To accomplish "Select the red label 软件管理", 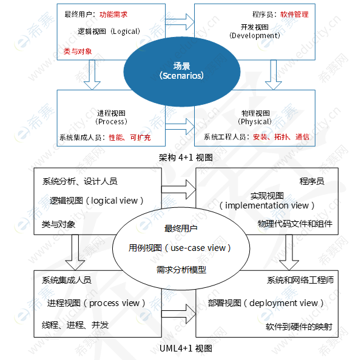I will click(294, 14).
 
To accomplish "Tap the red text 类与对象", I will click(78, 51).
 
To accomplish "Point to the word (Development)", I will click(255, 35).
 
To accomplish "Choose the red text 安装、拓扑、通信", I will click(281, 137).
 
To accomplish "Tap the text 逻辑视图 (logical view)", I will click(96, 201).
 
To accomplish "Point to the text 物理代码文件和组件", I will click(295, 224).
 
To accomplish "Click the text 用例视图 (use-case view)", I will click(180, 248).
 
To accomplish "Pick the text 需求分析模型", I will click(181, 269).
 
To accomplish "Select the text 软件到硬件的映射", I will click(298, 327).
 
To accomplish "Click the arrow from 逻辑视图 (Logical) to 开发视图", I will click(180, 22).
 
